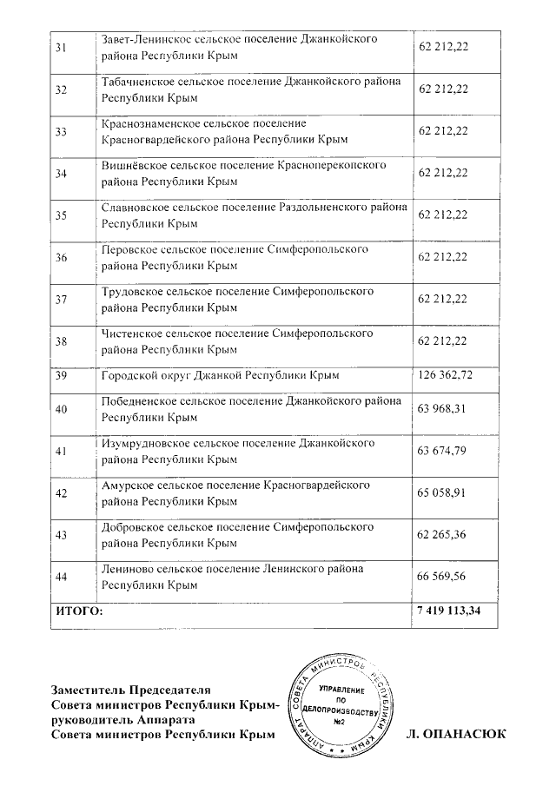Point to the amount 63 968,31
443,409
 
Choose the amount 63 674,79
443,451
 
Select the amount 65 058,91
443,492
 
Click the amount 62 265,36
443,534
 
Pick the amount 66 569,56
443,576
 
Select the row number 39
61,375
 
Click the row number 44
61,577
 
